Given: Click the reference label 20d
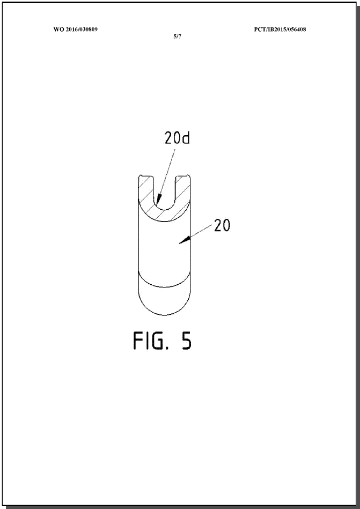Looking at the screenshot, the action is point(177,138).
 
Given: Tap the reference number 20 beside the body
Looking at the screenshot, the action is point(222,225).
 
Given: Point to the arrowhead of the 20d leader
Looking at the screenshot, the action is point(159,198).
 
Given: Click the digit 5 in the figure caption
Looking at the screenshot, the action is point(186,341).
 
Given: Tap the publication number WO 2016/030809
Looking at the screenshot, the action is point(76,29).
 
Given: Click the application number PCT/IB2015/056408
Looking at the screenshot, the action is point(280,29).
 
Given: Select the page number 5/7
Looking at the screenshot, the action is point(177,36).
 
